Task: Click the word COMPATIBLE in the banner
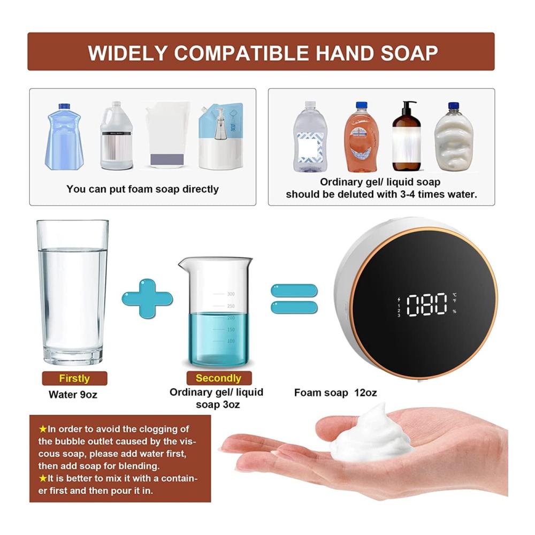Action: pos(241,53)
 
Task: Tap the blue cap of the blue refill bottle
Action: pos(64,106)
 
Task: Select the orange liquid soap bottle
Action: pos(361,137)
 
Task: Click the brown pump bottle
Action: pos(406,136)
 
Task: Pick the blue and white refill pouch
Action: pos(221,136)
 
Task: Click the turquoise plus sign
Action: pos(148,299)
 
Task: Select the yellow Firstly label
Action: pos(74,378)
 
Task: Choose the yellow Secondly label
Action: pos(219,378)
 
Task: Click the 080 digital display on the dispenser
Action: pos(427,304)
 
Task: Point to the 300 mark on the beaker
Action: pos(231,294)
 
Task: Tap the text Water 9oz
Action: pos(73,395)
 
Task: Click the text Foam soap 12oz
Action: pos(335,393)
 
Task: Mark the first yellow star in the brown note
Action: pos(43,429)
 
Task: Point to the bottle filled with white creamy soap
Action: pos(454,137)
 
